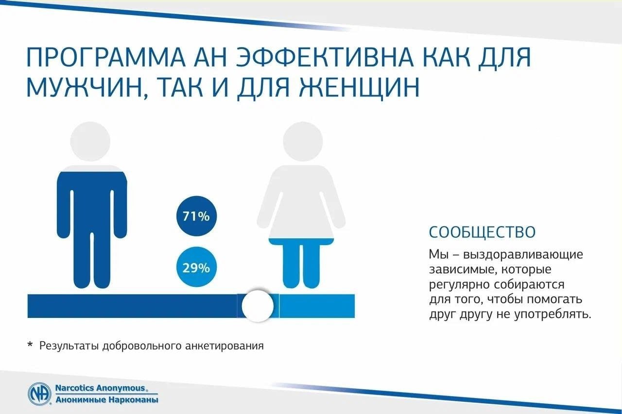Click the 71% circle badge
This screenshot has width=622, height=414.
[x=197, y=216]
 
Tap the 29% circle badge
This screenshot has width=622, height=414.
[x=197, y=267]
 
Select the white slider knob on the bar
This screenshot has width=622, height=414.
[x=258, y=306]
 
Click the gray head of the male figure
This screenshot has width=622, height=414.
[x=90, y=141]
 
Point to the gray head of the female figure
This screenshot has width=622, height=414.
[x=303, y=141]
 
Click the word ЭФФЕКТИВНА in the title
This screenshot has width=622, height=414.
[x=325, y=57]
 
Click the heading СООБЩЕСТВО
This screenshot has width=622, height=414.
[x=482, y=232]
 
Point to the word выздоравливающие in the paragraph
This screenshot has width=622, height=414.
[x=523, y=254]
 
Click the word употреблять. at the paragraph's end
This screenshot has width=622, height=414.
[x=553, y=315]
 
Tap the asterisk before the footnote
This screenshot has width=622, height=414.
[x=30, y=345]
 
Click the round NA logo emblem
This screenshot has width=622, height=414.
[x=40, y=394]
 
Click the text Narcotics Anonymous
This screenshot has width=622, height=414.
[x=101, y=388]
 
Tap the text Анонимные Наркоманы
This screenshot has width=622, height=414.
[x=107, y=399]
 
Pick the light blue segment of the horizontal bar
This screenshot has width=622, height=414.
[x=317, y=306]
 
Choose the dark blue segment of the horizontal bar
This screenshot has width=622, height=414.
[x=132, y=306]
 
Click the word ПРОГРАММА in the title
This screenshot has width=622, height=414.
[x=105, y=57]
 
